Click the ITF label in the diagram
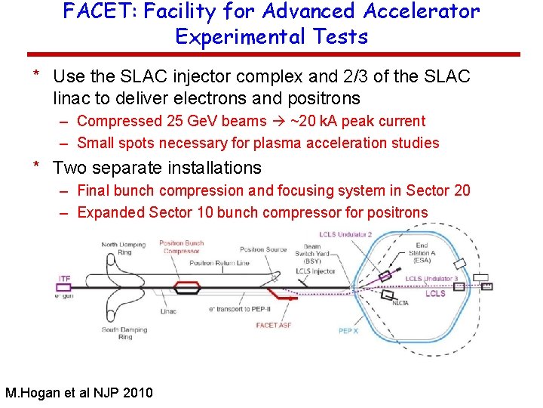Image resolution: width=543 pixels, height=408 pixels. click(x=65, y=279)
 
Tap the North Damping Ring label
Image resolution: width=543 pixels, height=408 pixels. click(x=124, y=248)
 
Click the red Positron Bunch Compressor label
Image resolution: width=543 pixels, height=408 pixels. click(x=182, y=247)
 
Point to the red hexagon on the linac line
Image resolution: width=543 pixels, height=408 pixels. click(x=187, y=287)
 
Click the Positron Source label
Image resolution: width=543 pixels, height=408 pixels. click(x=263, y=249)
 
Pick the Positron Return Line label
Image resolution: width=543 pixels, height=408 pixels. click(x=219, y=263)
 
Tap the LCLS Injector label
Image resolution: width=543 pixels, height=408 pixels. click(x=315, y=271)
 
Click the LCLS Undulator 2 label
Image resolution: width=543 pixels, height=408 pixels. click(x=345, y=234)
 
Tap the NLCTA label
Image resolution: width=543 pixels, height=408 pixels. click(x=400, y=303)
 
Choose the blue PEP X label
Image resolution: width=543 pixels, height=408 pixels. click(x=348, y=330)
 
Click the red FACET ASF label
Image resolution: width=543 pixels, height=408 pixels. click(x=272, y=325)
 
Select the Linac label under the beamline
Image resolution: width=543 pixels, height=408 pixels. click(x=169, y=311)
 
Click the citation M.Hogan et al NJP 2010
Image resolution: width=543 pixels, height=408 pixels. click(x=78, y=393)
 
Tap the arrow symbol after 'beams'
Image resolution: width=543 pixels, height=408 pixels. click(x=278, y=121)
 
